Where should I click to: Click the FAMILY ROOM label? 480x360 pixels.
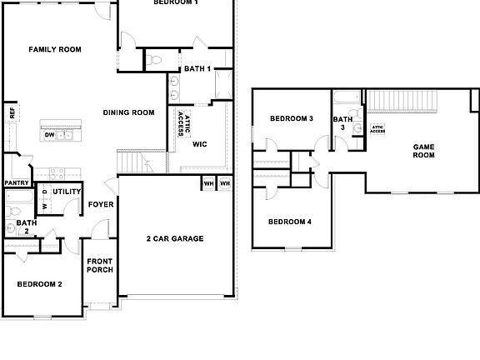[x=55, y=50]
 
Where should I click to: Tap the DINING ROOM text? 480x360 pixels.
[x=129, y=112]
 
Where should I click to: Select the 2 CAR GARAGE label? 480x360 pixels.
[x=176, y=238]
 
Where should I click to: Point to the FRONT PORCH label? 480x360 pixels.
[x=100, y=267]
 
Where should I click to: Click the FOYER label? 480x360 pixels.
[x=101, y=202]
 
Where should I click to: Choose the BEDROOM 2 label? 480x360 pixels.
[x=40, y=284]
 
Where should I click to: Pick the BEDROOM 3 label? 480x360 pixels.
[x=291, y=119]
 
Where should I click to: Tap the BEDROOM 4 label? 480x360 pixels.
[x=290, y=222]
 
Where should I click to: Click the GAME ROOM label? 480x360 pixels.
[x=424, y=151]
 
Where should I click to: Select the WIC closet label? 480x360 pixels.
[x=199, y=144]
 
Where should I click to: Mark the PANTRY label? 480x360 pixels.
[x=17, y=182]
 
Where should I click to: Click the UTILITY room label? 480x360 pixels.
[x=67, y=192]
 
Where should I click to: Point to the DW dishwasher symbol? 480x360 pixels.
[x=50, y=134]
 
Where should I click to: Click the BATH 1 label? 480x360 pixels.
[x=197, y=68]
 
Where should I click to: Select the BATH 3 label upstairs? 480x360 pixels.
[x=342, y=123]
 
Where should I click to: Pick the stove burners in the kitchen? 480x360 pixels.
[x=57, y=173]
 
